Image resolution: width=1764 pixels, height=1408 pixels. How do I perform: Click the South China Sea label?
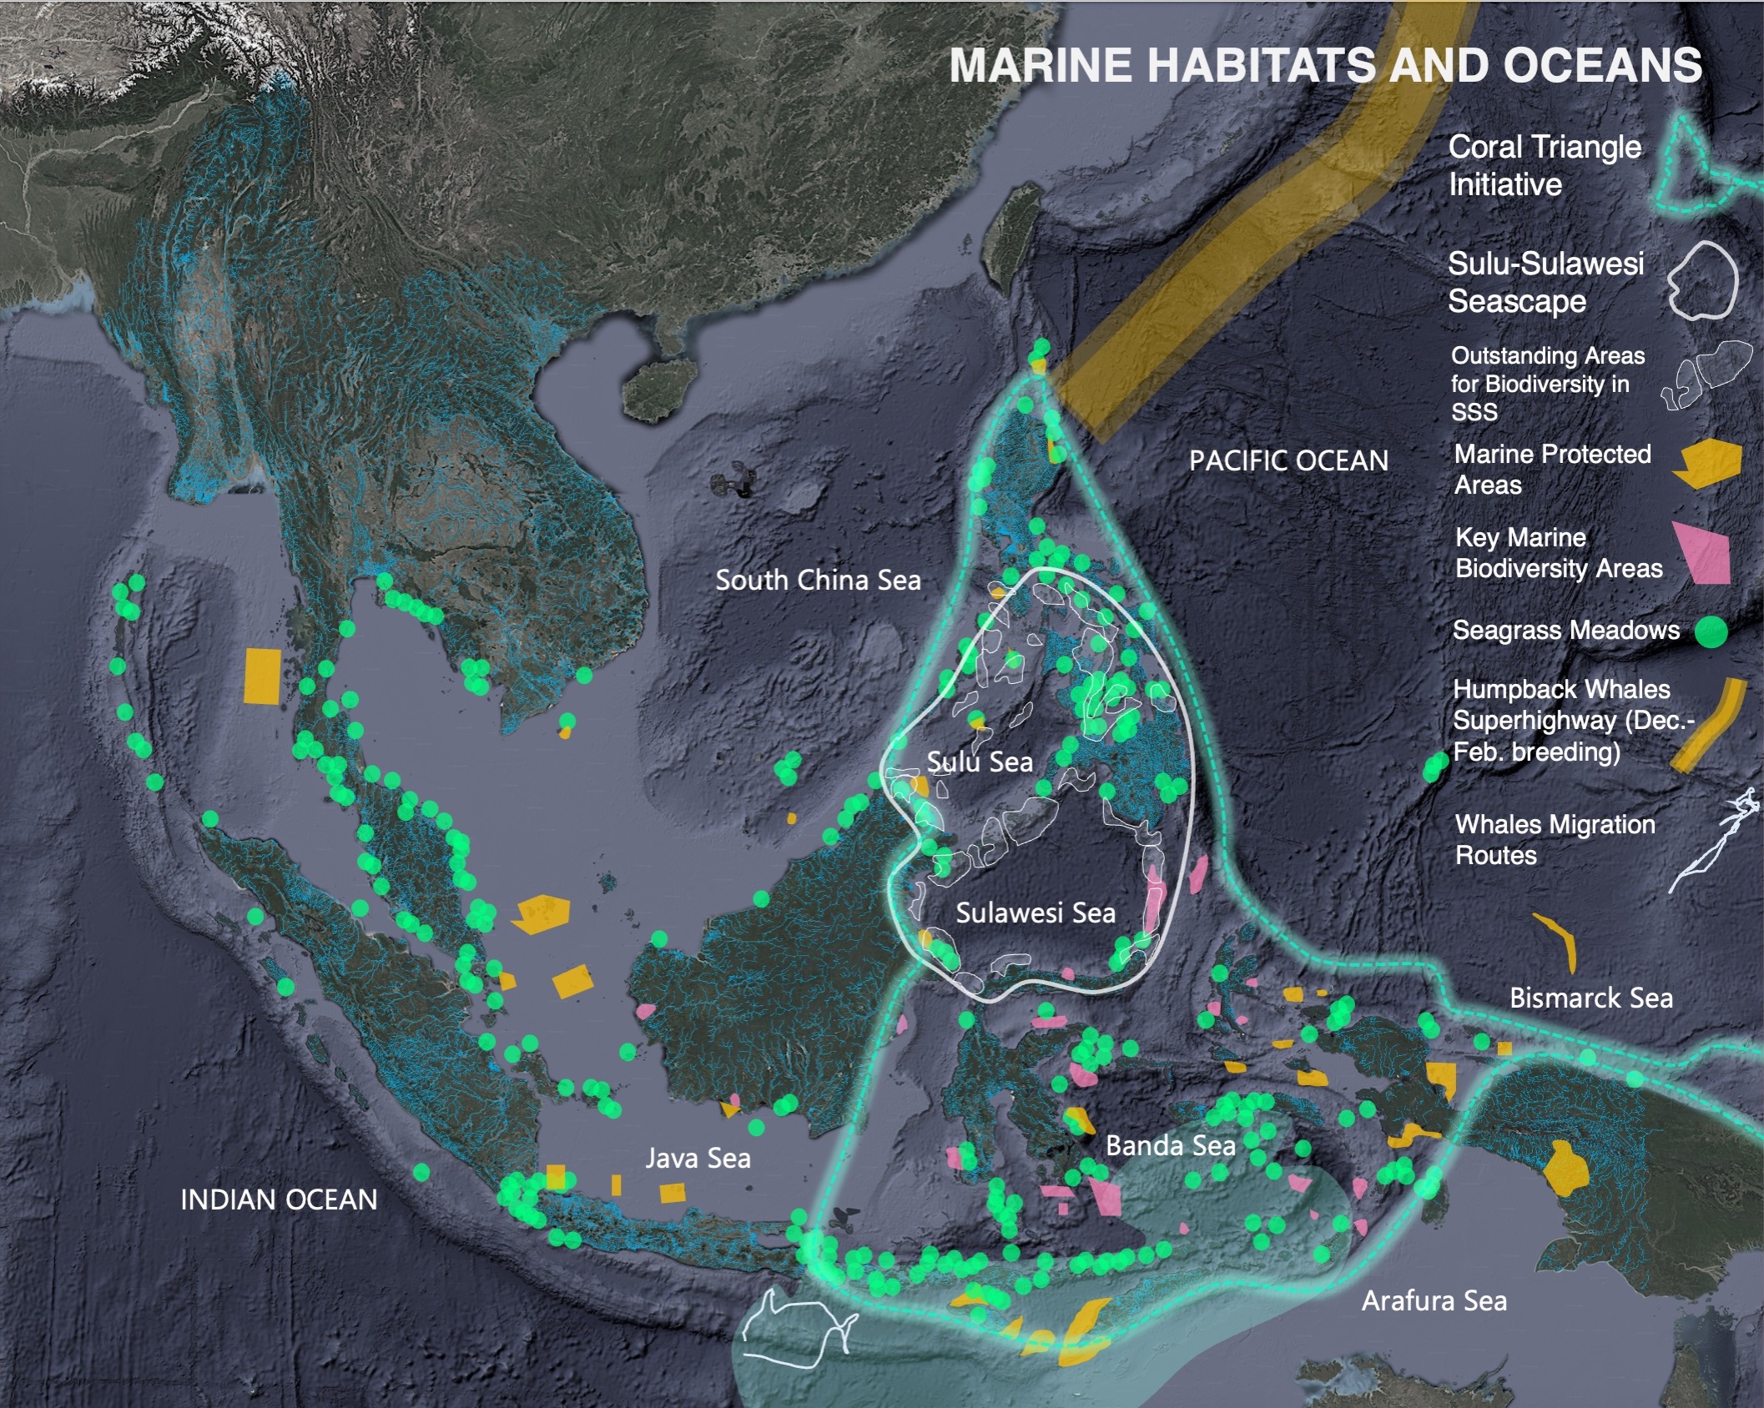tap(818, 580)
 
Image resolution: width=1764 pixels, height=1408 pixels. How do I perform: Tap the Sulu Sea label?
tap(980, 762)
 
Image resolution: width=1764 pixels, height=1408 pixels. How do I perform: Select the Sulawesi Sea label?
tap(1035, 913)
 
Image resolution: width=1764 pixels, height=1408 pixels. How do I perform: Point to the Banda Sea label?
tap(1170, 1145)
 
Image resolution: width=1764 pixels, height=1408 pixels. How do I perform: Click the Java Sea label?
tap(698, 1158)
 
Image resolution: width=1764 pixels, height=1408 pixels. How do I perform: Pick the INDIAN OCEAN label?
tap(279, 1199)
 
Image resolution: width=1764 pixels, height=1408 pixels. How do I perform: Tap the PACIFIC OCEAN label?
tap(1288, 460)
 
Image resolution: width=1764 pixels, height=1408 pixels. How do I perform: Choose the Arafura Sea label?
tap(1434, 1300)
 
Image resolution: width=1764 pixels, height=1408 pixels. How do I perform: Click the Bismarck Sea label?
tap(1590, 998)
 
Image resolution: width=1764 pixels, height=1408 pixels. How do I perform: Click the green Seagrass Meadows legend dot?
tap(1711, 631)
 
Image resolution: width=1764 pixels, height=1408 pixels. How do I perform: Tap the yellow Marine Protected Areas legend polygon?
tap(1708, 464)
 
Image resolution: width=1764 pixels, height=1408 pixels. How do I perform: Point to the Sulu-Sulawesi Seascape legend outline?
tap(1702, 281)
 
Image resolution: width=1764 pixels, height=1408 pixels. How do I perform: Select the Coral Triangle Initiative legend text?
tap(1544, 165)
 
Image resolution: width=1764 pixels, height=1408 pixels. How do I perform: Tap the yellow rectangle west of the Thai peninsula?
tap(262, 676)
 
